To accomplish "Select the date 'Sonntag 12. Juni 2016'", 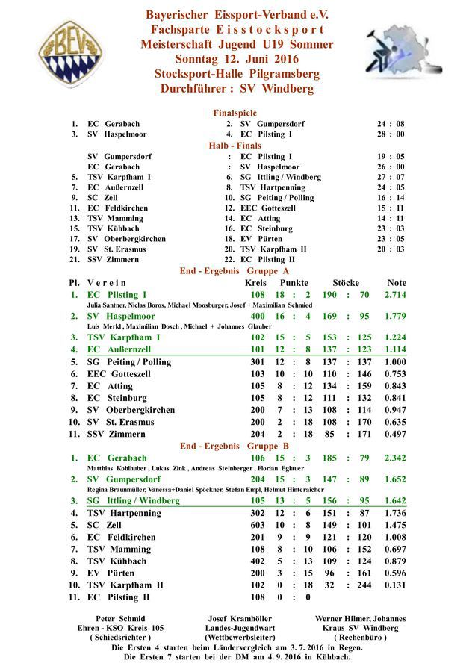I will coord(237,59).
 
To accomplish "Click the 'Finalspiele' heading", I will coord(235,113).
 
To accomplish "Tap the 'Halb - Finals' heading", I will coord(235,145).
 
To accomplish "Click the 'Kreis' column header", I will coord(255,283).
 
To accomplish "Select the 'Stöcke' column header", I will coord(345,283).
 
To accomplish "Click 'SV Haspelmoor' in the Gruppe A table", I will coord(121,317).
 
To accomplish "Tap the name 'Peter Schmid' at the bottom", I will coord(121,618).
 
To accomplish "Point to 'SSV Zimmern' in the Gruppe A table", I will coord(113,434).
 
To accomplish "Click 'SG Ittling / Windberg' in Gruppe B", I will coord(133,500).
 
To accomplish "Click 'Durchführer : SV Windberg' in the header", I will coord(237,88).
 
